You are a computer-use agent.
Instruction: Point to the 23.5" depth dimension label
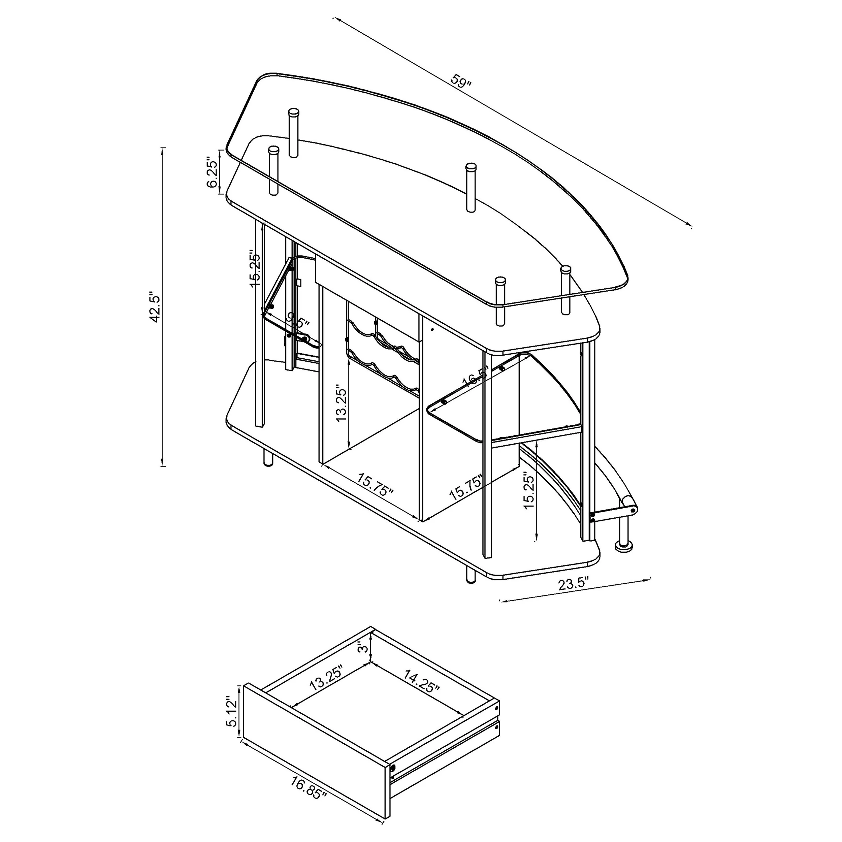click(x=574, y=584)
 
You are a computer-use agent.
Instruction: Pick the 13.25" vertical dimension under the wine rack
click(x=341, y=402)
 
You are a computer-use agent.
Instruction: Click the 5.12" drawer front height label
click(x=231, y=712)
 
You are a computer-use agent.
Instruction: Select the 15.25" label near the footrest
click(x=529, y=490)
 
